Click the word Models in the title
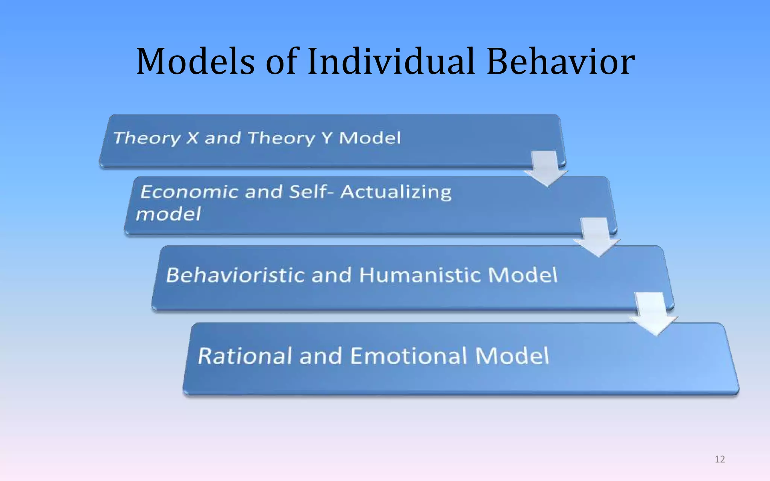pyautogui.click(x=196, y=61)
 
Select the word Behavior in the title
pyautogui.click(x=560, y=61)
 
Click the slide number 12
pyautogui.click(x=720, y=459)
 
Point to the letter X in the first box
pyautogui.click(x=192, y=138)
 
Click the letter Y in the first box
pyautogui.click(x=327, y=138)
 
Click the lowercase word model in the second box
pyautogui.click(x=168, y=215)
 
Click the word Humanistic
pyautogui.click(x=420, y=275)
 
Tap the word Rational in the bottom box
pyautogui.click(x=245, y=356)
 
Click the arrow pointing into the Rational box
pyautogui.click(x=653, y=314)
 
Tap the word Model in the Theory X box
pyautogui.click(x=370, y=138)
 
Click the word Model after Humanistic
pyautogui.click(x=523, y=275)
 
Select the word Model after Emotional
pyautogui.click(x=512, y=356)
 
